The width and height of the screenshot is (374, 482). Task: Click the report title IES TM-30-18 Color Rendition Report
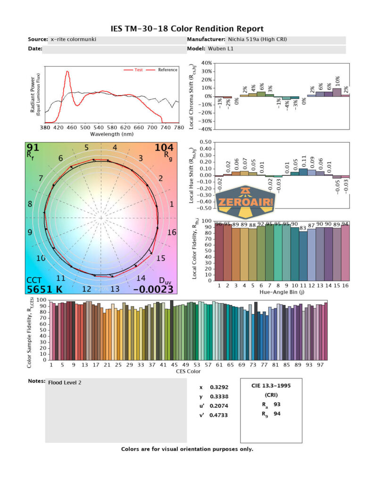point(187,29)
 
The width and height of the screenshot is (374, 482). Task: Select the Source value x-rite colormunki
point(73,40)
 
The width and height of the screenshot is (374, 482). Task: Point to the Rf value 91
point(33,148)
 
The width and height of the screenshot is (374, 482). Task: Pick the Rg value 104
point(164,148)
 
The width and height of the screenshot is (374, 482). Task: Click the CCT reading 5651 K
point(44,289)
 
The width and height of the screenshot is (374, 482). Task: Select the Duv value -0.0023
point(153,289)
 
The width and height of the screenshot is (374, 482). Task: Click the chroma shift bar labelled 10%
point(337,92)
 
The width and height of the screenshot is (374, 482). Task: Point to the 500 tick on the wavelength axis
point(85,128)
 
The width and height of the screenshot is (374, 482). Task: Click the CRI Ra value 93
point(277,404)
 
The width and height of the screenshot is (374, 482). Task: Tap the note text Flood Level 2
point(65,383)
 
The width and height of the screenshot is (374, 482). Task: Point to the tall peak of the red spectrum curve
point(67,72)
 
